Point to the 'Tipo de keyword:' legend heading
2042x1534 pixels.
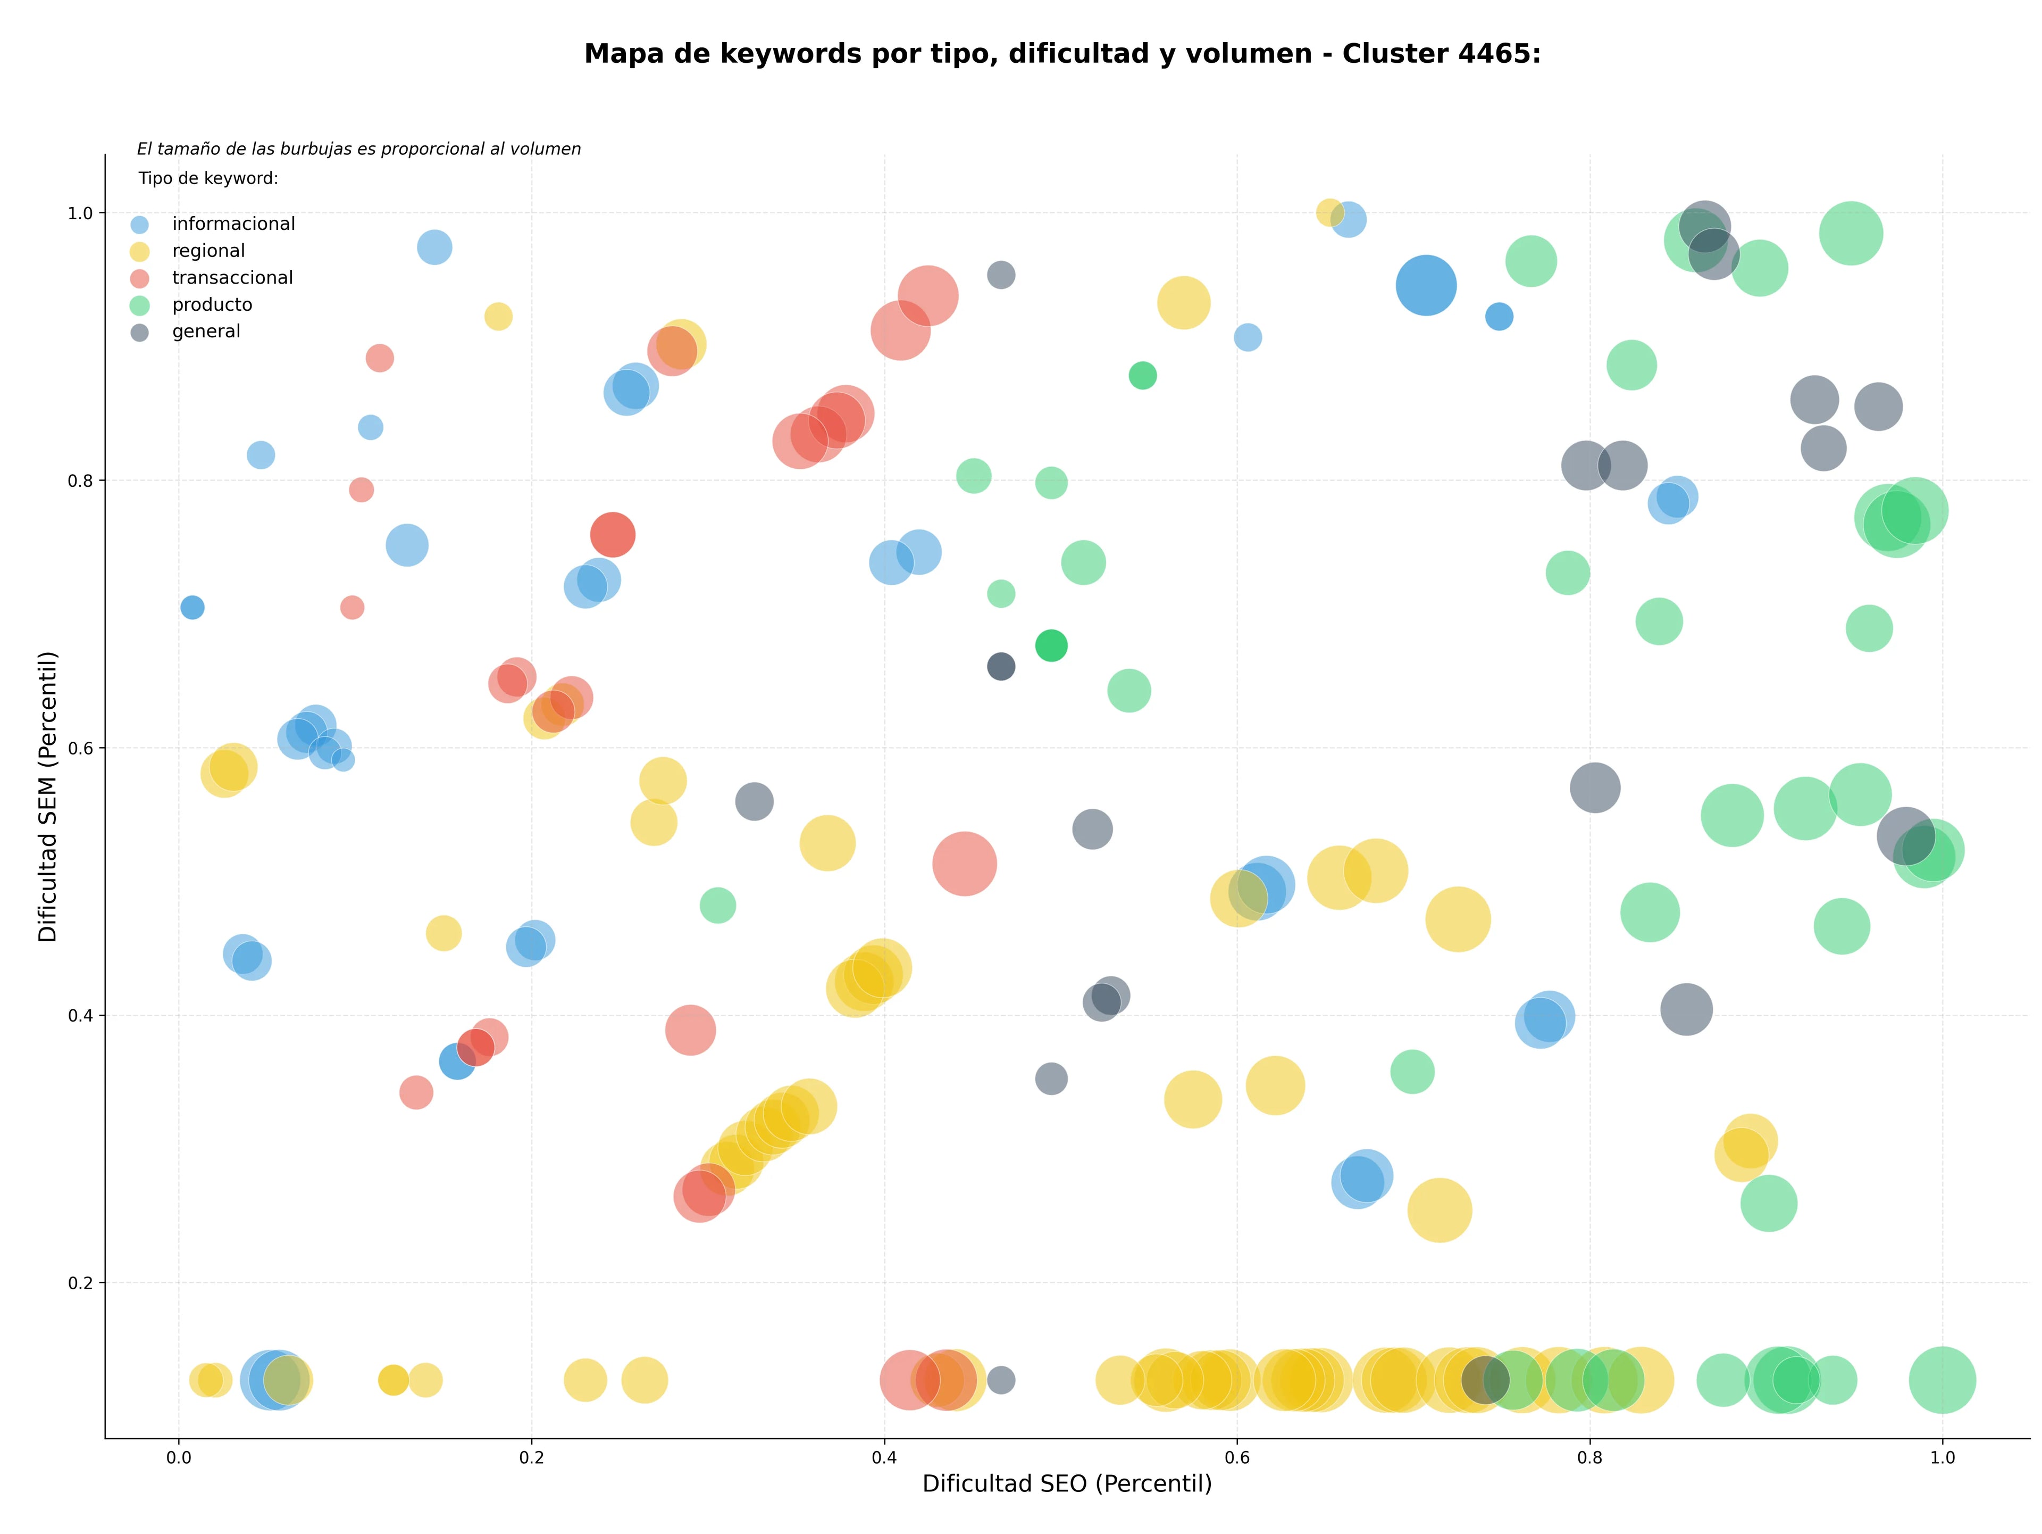(208, 178)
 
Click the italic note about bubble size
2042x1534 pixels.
(359, 148)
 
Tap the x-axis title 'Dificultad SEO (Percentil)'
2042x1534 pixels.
(1067, 1483)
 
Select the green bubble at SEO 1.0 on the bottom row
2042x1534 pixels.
(1943, 1380)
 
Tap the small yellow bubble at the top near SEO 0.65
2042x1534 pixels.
(1329, 212)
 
